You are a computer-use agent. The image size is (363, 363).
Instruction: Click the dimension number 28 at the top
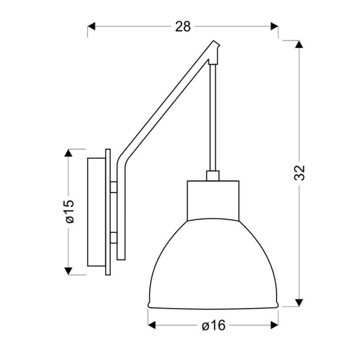click(183, 26)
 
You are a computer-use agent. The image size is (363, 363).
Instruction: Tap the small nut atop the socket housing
click(212, 176)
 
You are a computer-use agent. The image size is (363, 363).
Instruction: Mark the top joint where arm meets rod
click(214, 52)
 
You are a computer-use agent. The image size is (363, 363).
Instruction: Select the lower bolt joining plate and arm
click(114, 236)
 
